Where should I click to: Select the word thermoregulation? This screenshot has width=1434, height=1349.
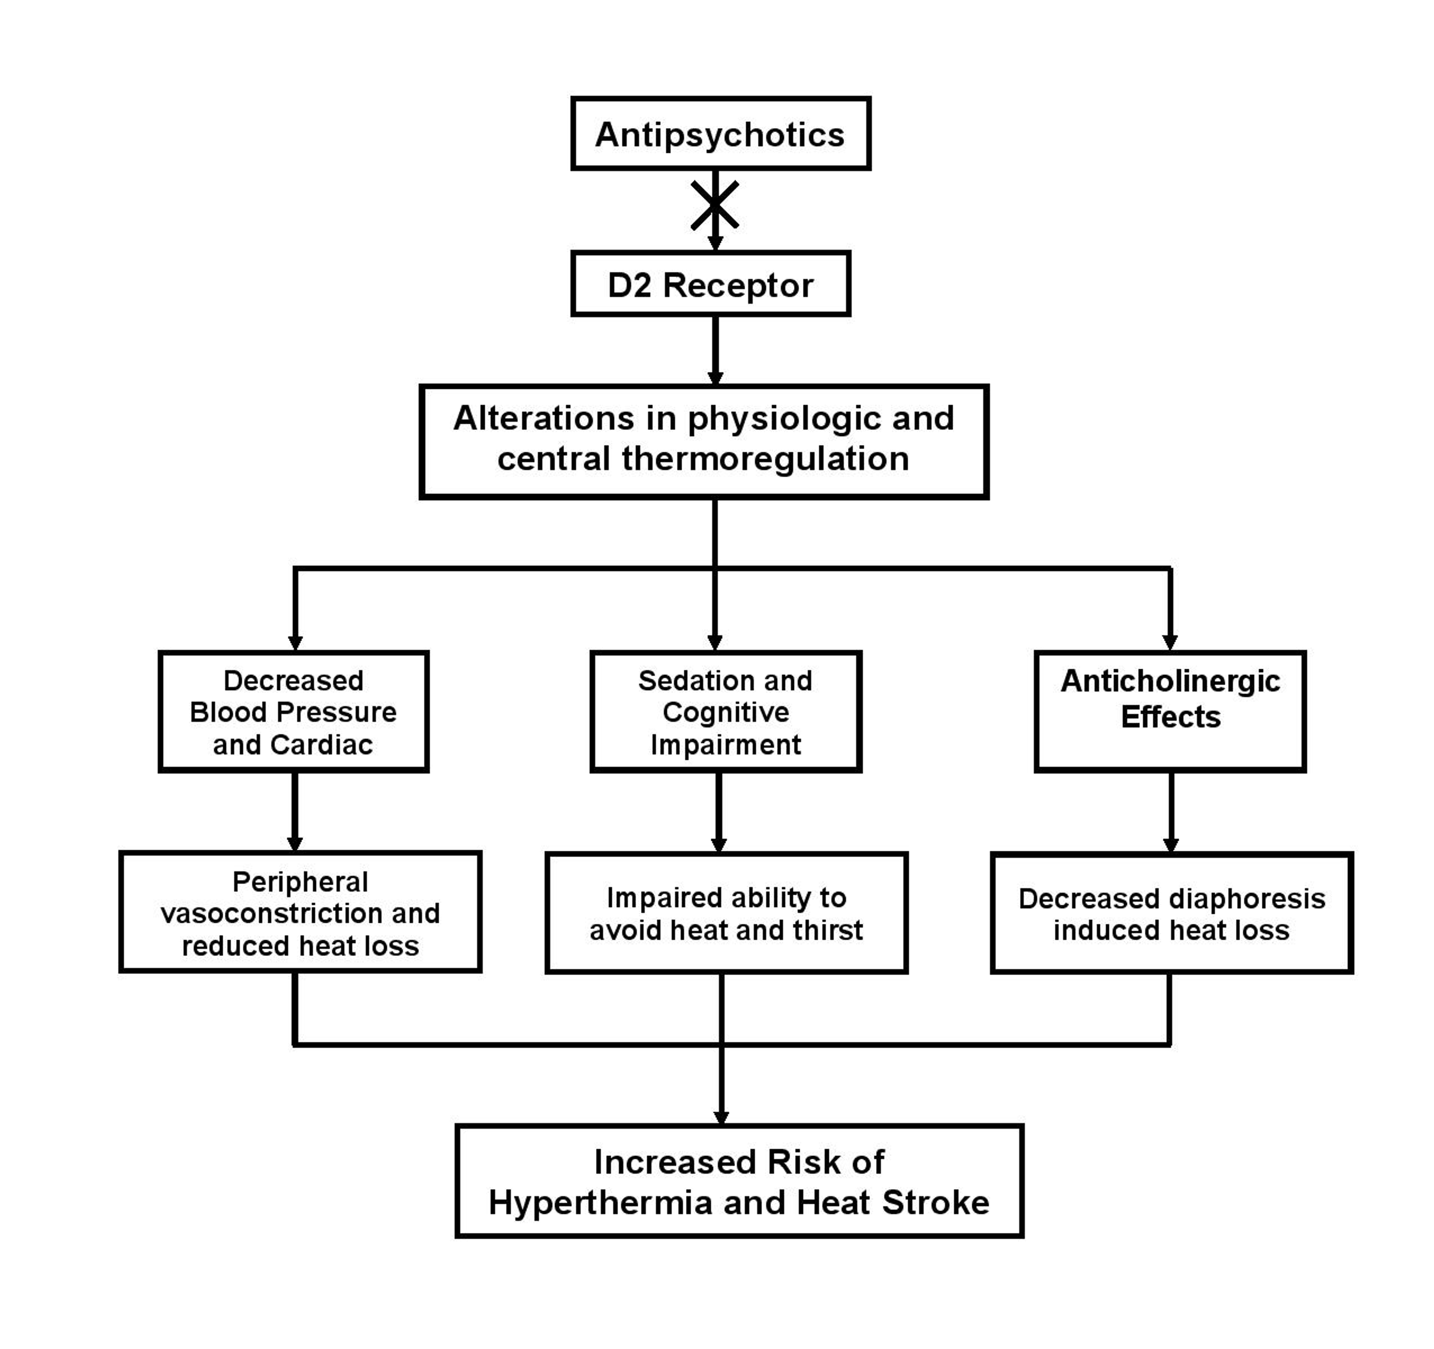(765, 459)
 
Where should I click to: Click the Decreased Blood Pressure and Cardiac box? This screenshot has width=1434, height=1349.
(293, 712)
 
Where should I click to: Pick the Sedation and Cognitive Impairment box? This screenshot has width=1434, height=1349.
(726, 712)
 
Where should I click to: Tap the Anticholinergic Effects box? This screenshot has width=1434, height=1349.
(1170, 712)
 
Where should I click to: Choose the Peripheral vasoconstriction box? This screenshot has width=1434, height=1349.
(300, 912)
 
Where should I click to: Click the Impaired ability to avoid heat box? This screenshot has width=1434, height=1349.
(727, 913)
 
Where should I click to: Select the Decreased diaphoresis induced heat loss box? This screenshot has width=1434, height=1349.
(1172, 913)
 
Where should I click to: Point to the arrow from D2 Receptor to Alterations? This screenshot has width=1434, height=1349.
(715, 351)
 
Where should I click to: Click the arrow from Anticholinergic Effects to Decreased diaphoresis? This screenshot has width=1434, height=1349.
(1171, 813)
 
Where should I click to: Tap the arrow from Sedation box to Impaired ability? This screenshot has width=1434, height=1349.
(718, 813)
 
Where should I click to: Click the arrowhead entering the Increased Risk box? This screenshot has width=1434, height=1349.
(721, 1117)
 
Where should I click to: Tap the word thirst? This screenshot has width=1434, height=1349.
(826, 930)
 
